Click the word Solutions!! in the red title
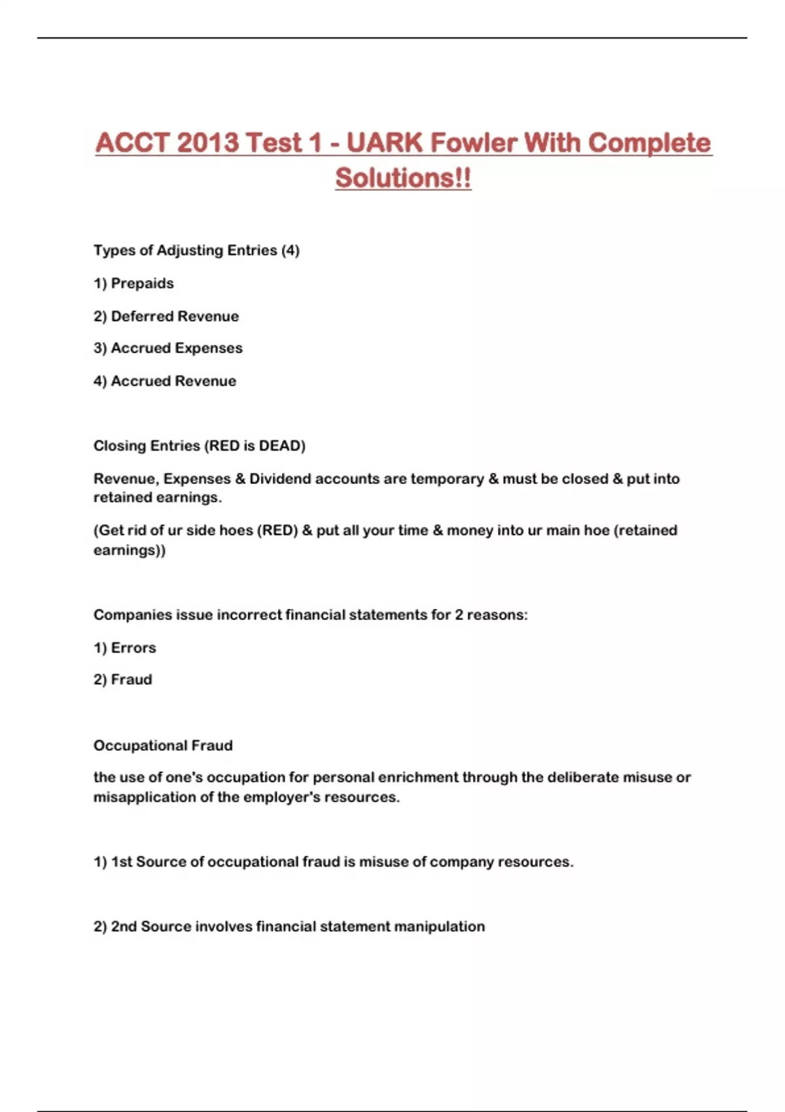(x=403, y=177)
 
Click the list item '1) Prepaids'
(x=133, y=283)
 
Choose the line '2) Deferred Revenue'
(x=166, y=316)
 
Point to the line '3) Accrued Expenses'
(x=168, y=348)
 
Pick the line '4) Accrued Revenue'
(x=165, y=381)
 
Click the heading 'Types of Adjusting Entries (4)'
(x=196, y=250)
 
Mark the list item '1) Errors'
(x=125, y=648)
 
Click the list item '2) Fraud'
(x=123, y=680)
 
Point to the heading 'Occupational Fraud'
(x=163, y=745)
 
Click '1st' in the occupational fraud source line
(x=122, y=861)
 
